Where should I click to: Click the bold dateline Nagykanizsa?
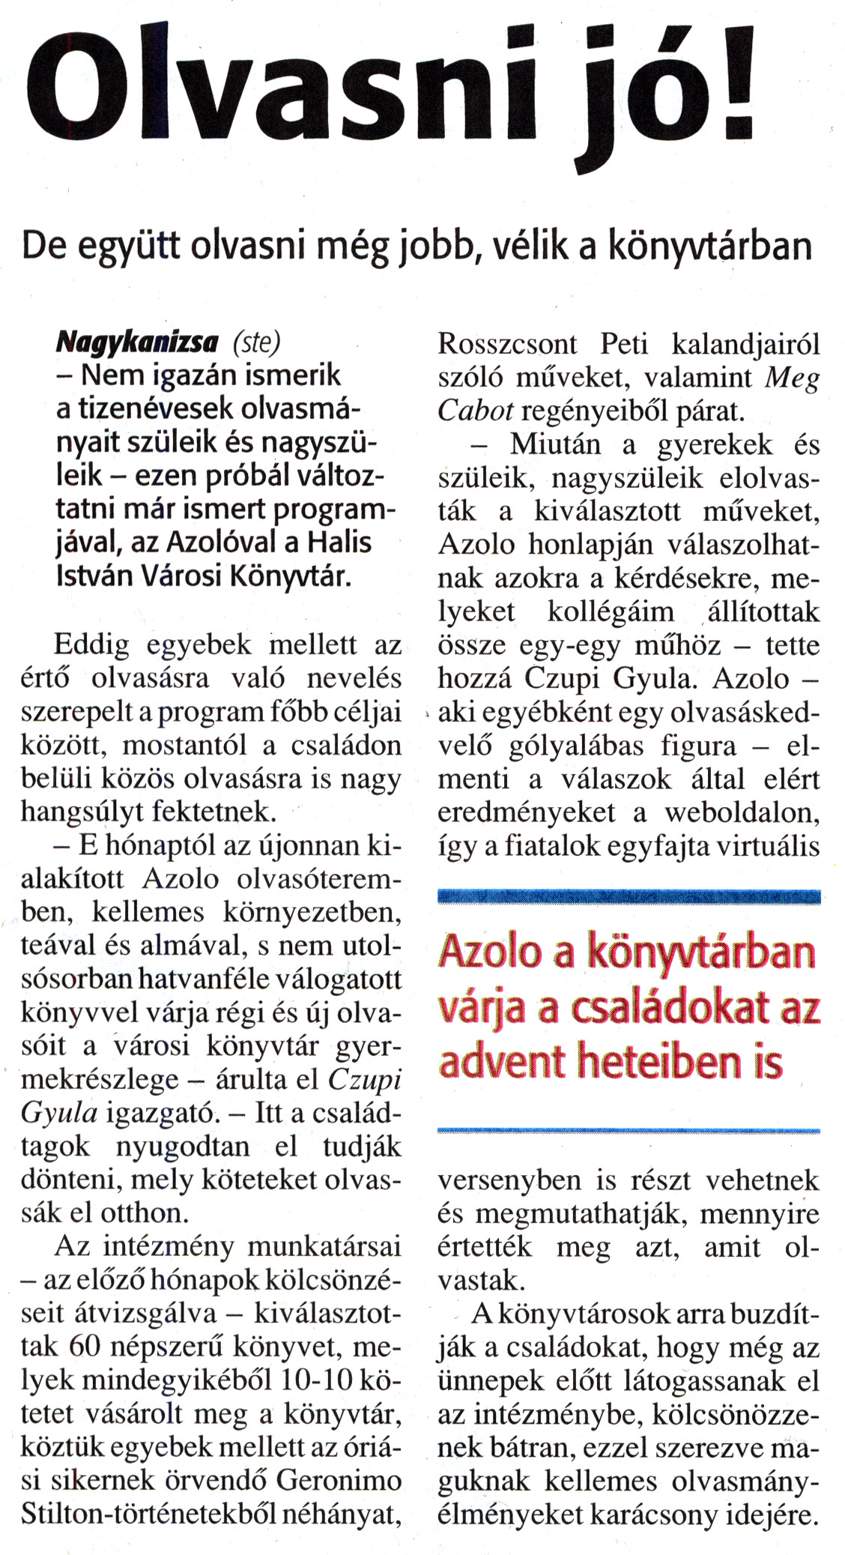point(137,343)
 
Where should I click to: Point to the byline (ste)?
point(256,343)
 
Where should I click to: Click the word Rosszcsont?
point(507,344)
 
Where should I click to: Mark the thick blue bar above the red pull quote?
point(629,896)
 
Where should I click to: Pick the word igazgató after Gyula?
point(160,1114)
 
